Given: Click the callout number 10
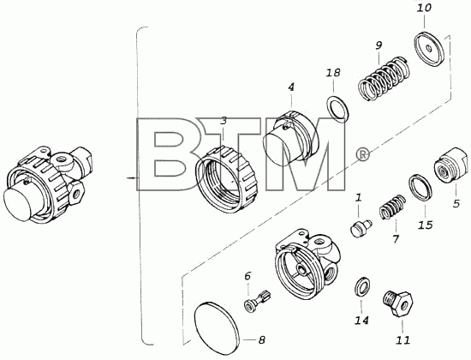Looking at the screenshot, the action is (x=424, y=8).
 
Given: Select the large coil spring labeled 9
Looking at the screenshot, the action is (x=385, y=78).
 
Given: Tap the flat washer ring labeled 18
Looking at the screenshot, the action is (x=337, y=109).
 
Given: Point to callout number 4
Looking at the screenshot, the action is (x=291, y=87).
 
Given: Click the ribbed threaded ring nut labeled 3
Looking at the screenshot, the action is (x=227, y=178).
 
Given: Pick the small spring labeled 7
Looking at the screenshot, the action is (x=392, y=207).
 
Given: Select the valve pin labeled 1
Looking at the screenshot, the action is (x=361, y=229).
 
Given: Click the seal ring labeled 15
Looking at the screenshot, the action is (x=421, y=187).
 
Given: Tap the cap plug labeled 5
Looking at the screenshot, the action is (x=450, y=165).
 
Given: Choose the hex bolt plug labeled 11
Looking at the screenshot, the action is (x=397, y=303).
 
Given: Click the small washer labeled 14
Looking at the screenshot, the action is (x=362, y=286).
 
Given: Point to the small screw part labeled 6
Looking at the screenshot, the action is (x=257, y=301).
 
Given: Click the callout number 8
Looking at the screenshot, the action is (x=262, y=340).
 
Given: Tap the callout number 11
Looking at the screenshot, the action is (x=402, y=340).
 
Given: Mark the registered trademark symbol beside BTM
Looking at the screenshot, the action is (x=362, y=154).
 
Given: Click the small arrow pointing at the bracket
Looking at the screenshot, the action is (x=132, y=178).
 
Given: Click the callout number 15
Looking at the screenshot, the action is (x=426, y=225).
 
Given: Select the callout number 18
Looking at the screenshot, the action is (x=333, y=73).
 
